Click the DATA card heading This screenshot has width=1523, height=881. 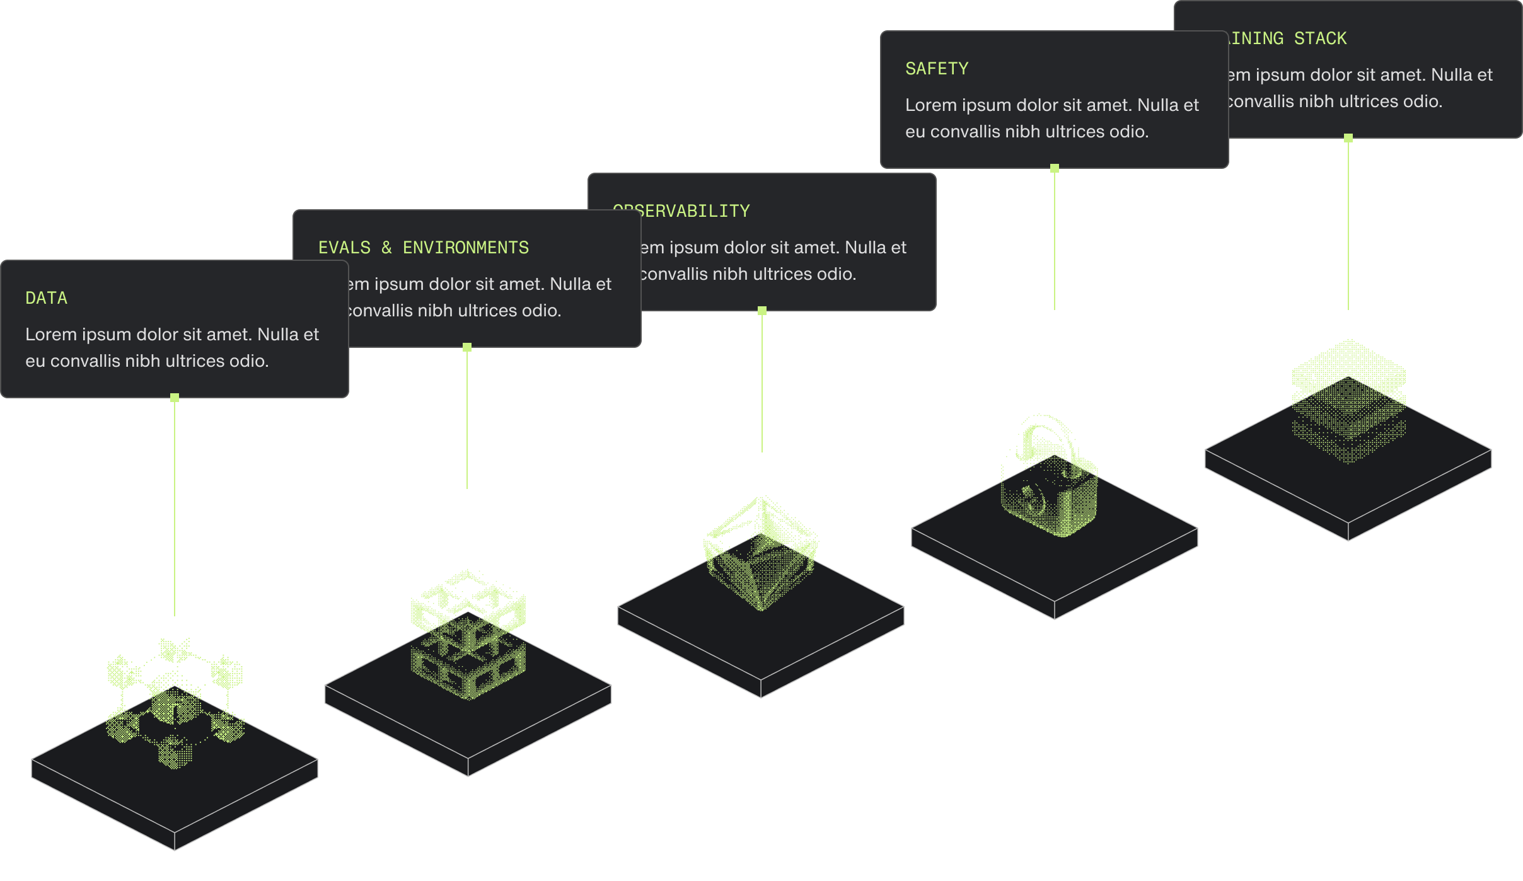[46, 298]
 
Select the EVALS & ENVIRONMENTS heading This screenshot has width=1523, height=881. [423, 248]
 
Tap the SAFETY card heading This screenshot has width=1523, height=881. [937, 69]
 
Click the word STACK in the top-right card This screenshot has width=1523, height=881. [1320, 38]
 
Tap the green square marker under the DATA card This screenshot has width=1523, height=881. [175, 398]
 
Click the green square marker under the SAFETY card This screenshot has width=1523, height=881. [1055, 168]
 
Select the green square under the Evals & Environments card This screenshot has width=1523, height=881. [467, 347]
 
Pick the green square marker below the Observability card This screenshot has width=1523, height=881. [762, 311]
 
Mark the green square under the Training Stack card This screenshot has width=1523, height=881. [1348, 138]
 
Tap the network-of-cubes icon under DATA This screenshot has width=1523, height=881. [175, 703]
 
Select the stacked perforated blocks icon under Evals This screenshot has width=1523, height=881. [468, 636]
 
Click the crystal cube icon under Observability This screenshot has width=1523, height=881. [761, 555]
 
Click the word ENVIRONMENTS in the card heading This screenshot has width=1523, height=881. [466, 248]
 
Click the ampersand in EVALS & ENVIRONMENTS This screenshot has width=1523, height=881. [386, 248]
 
